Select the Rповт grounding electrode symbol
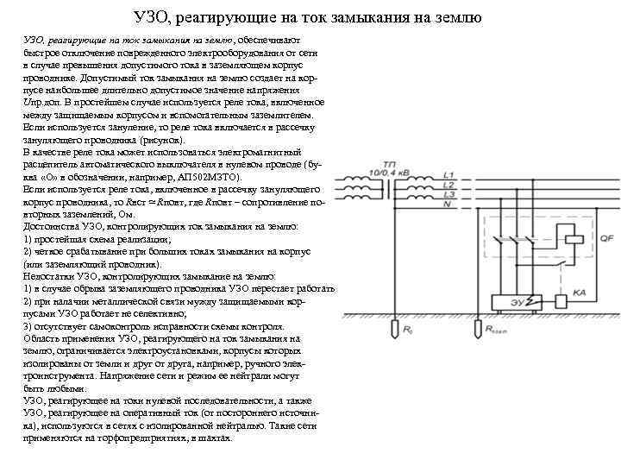point(478,331)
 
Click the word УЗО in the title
point(153,18)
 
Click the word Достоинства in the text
point(52,224)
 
